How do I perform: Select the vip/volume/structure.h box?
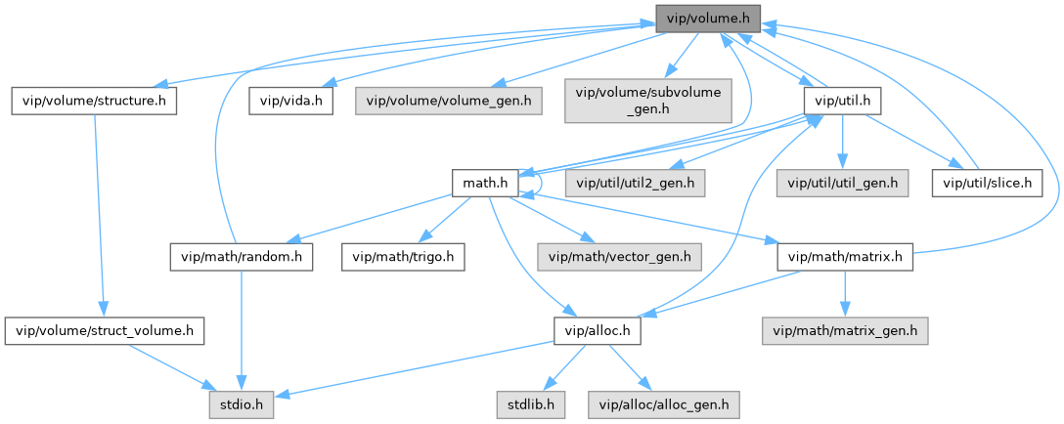pos(93,101)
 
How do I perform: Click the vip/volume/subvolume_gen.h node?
pos(648,101)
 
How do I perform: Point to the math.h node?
pos(484,181)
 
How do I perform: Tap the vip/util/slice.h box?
pos(988,181)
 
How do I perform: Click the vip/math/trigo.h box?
pos(403,257)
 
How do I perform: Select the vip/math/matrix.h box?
pos(845,257)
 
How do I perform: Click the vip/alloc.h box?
pos(597,331)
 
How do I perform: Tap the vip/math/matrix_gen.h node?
pos(845,331)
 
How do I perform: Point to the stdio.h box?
pos(240,403)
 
